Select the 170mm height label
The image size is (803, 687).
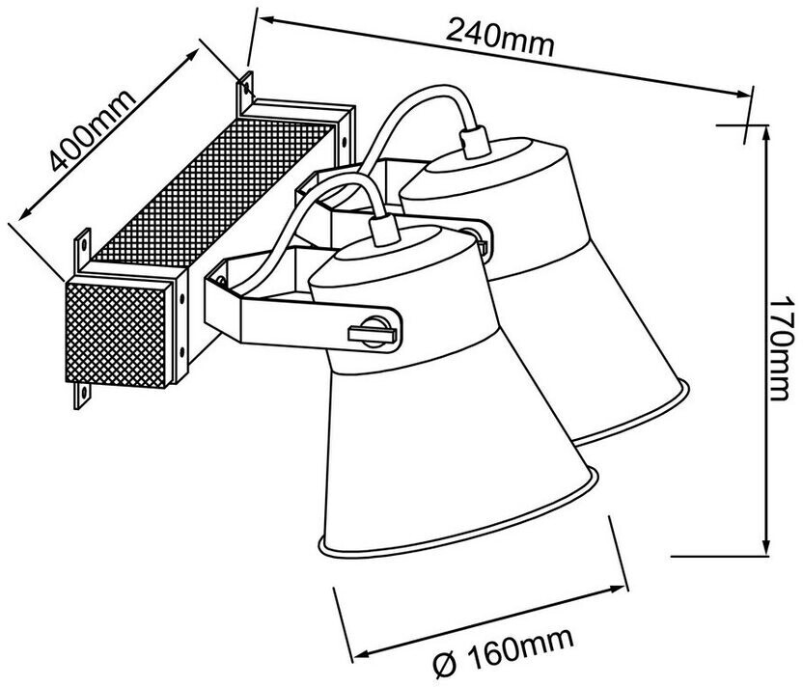[786, 344]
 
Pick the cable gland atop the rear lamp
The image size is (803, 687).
[474, 139]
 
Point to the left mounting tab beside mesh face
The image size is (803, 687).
[79, 249]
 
